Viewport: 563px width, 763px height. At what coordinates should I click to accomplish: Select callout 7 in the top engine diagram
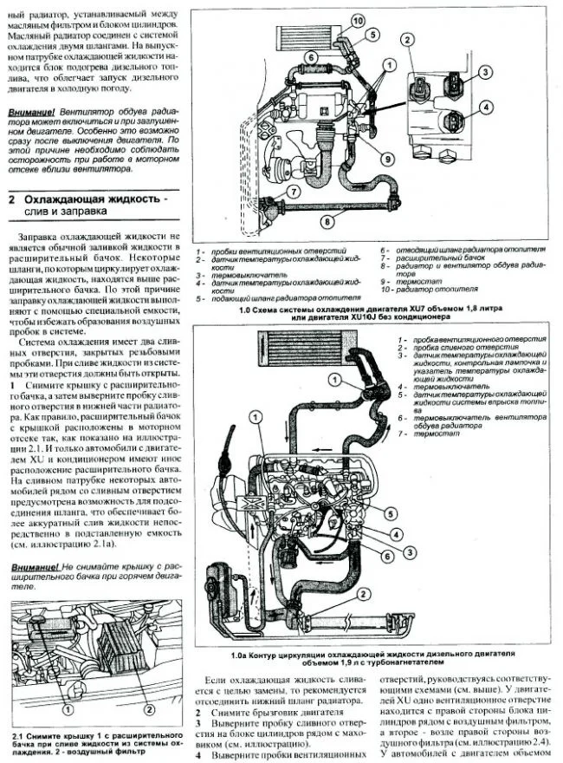[294, 192]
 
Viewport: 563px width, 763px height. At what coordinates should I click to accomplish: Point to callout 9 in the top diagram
[388, 158]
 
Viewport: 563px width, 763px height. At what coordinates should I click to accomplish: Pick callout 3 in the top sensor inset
[486, 71]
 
